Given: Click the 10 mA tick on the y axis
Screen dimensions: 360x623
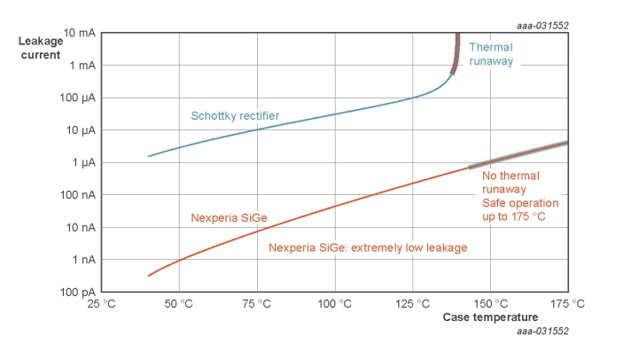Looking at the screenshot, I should (79, 33).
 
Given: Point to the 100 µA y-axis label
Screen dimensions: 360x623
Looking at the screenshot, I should (77, 98).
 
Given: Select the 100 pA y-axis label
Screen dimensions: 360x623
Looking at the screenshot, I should (77, 293).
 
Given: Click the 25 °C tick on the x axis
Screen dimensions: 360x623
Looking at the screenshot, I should (101, 304).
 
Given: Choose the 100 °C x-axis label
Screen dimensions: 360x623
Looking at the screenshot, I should (334, 304).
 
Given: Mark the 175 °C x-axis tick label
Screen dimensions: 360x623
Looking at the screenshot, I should (567, 304).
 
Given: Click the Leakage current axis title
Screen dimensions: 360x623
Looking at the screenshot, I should (41, 48).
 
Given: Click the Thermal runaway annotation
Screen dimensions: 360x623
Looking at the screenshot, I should (491, 54).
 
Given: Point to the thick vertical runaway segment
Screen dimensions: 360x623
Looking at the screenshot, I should (456, 53).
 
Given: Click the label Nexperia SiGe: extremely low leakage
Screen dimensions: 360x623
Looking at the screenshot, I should (368, 248).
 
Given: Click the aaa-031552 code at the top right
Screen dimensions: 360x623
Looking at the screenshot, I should (542, 25).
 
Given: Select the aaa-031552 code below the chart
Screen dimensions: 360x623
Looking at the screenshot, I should (542, 331).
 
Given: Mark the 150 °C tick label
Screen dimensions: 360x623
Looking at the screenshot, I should (489, 304).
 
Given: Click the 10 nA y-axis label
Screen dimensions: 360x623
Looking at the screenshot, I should (80, 228).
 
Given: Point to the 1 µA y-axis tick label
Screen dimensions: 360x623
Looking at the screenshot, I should (82, 162).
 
